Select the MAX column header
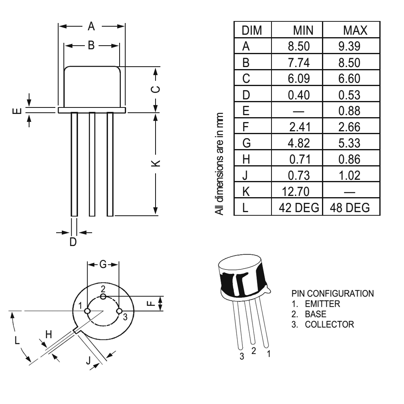pyautogui.click(x=354, y=31)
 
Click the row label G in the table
pyautogui.click(x=246, y=143)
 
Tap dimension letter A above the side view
pyautogui.click(x=92, y=27)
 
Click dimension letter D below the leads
pyautogui.click(x=73, y=242)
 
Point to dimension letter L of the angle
pyautogui.click(x=17, y=340)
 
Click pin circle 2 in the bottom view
pyautogui.click(x=103, y=297)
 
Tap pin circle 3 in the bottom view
pyautogui.click(x=119, y=311)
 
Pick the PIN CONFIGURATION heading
pyautogui.click(x=332, y=293)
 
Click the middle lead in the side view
pyautogui.click(x=92, y=164)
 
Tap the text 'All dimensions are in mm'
pyautogui.click(x=219, y=163)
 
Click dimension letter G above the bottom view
pyautogui.click(x=103, y=265)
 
